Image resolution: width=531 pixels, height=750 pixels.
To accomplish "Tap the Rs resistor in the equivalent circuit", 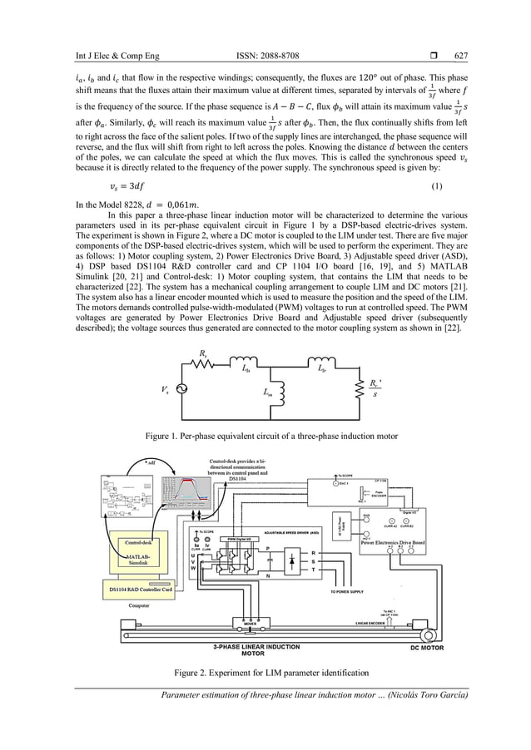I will (203, 367).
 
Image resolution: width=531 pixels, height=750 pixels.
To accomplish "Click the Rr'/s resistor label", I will (375, 388).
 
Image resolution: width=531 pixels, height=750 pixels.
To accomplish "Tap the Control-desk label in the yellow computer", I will (136, 542).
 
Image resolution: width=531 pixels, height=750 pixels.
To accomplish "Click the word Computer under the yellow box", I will (139, 605).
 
